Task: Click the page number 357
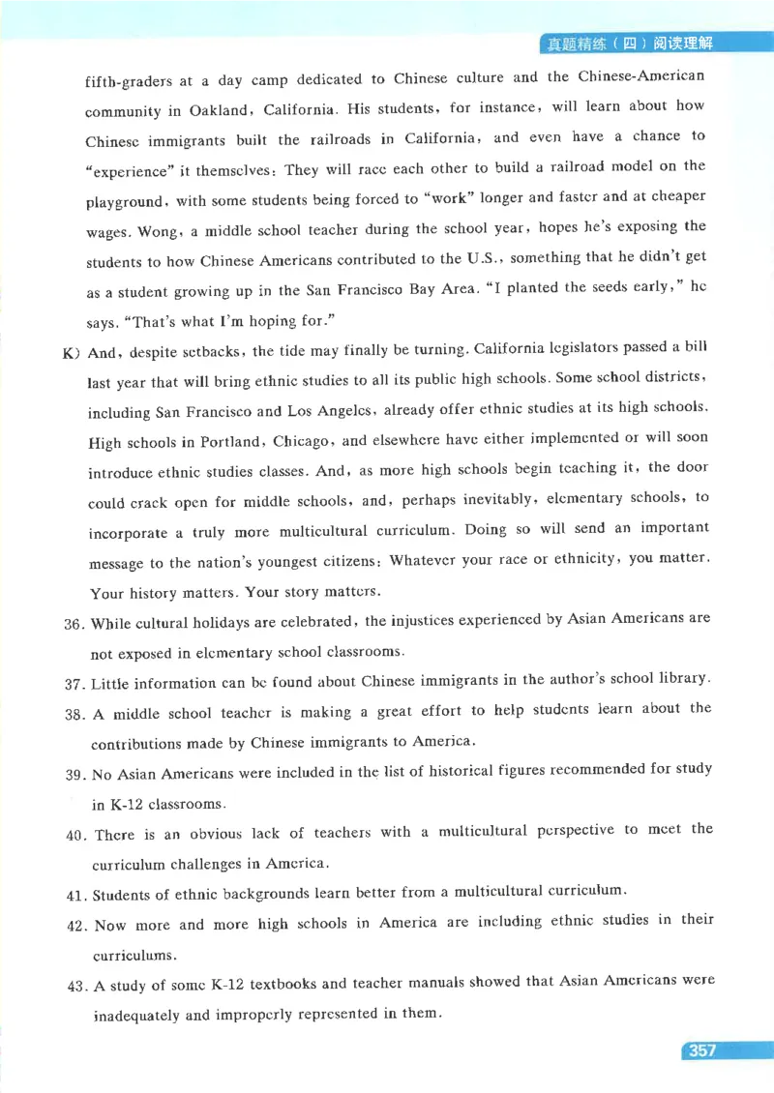[x=703, y=1051]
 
